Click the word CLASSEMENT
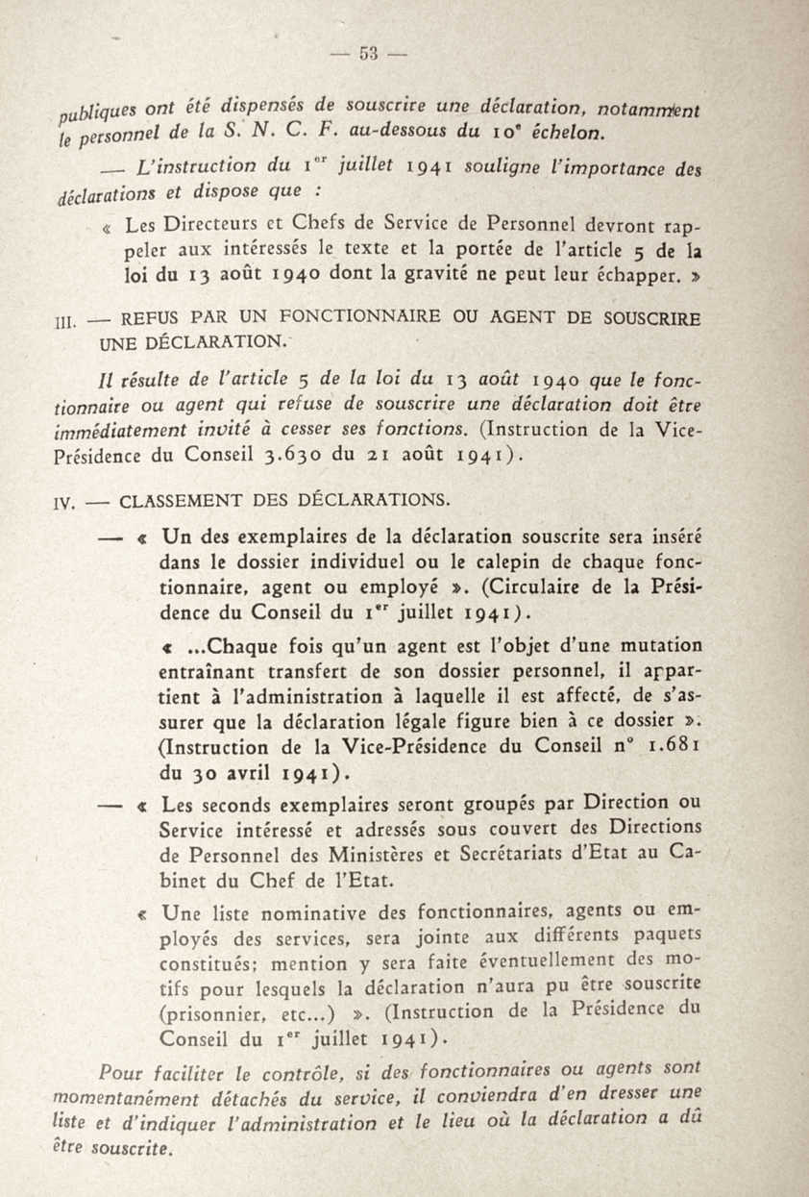coord(181,500)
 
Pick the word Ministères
coord(415,854)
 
